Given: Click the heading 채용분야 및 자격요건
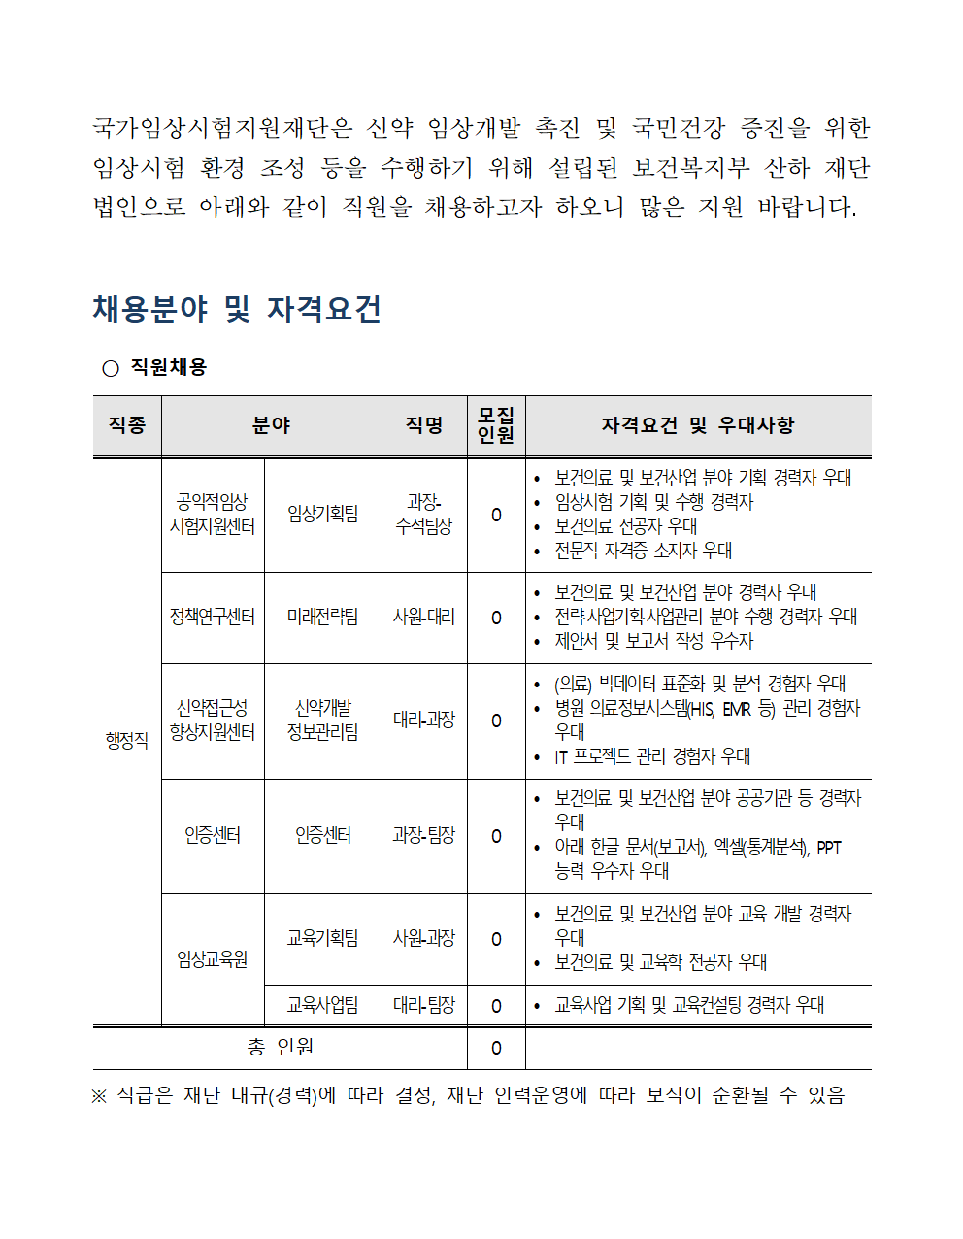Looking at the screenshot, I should click(237, 310).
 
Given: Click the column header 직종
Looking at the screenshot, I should click(127, 425).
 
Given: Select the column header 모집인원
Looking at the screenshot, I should click(496, 425).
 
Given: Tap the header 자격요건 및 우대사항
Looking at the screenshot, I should click(698, 425).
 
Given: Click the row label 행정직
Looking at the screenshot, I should click(127, 741).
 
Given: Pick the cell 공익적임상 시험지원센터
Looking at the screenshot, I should click(213, 515).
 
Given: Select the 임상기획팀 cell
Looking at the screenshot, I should click(322, 515).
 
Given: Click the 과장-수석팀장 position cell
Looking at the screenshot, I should click(424, 515).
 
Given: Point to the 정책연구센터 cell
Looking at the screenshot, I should click(213, 618).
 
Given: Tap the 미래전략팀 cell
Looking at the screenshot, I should click(322, 618).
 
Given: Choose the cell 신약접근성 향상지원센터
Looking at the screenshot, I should click(213, 720).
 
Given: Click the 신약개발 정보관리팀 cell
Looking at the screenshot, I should click(322, 720).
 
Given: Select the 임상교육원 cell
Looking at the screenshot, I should click(213, 959).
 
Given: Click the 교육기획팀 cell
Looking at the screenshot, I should click(322, 939).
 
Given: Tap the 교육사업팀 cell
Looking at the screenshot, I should click(322, 1006).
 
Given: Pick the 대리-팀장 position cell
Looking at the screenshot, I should click(424, 1006).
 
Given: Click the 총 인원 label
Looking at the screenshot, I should click(281, 1048).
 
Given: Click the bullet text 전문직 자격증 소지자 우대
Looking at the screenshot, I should click(643, 551).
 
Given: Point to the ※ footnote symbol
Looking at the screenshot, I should click(99, 1096).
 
